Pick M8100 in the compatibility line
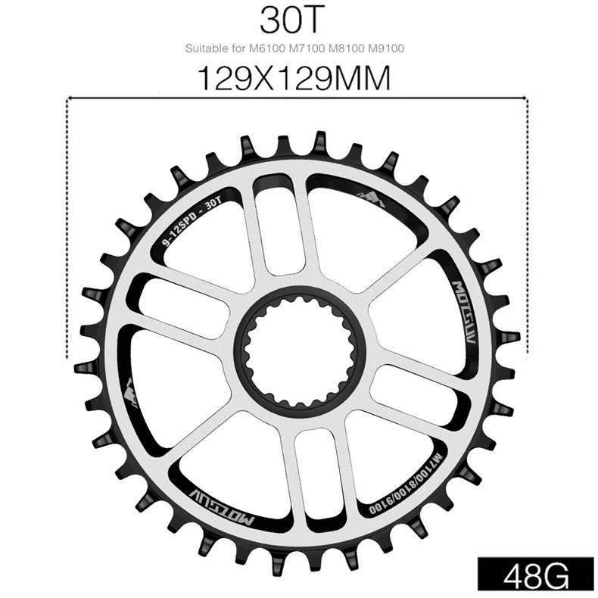(x=346, y=49)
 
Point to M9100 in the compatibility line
(x=387, y=49)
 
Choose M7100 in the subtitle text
(x=304, y=49)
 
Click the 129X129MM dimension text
(x=293, y=78)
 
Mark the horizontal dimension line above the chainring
(x=296, y=97)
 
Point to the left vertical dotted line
(x=68, y=227)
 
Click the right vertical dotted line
(x=525, y=227)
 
